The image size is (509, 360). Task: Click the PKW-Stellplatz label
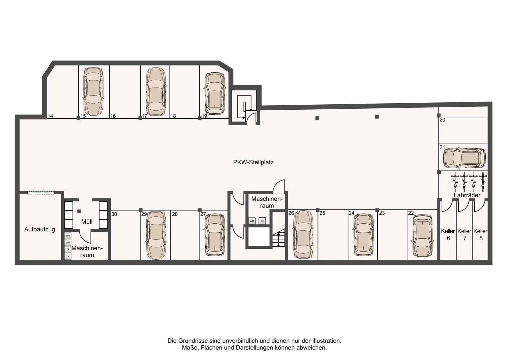click(x=254, y=162)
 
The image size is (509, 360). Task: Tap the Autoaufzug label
click(x=40, y=229)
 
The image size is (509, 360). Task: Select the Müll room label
click(x=87, y=222)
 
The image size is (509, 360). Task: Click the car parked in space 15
click(x=93, y=91)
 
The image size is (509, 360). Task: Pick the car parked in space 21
click(x=464, y=158)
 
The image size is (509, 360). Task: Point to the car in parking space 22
click(x=422, y=236)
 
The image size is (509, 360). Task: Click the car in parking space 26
click(x=303, y=234)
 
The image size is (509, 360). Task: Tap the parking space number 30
click(x=114, y=214)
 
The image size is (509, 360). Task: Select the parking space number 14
click(x=50, y=116)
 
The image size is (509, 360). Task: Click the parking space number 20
click(x=442, y=120)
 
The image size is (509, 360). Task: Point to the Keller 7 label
click(x=465, y=234)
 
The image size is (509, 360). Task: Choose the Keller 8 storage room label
click(x=481, y=234)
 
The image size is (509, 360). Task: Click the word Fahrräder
click(x=467, y=195)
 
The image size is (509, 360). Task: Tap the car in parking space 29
click(x=156, y=236)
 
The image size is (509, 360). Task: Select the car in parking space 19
click(x=215, y=93)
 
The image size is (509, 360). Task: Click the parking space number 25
click(x=322, y=213)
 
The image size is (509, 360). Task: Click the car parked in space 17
click(x=156, y=91)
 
